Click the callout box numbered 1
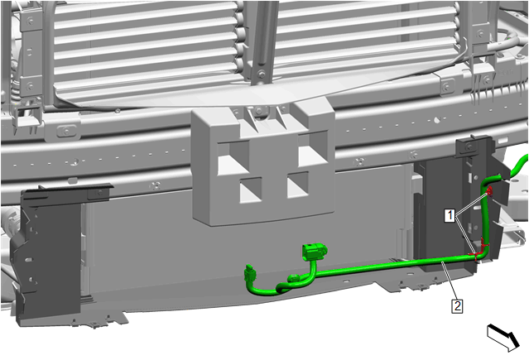point(450,216)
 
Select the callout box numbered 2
point(457,306)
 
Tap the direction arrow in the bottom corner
point(503,337)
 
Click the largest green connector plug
point(314,252)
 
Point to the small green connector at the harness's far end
point(250,272)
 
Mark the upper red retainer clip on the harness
point(489,192)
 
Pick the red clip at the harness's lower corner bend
point(476,255)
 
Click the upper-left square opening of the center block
point(233,157)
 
